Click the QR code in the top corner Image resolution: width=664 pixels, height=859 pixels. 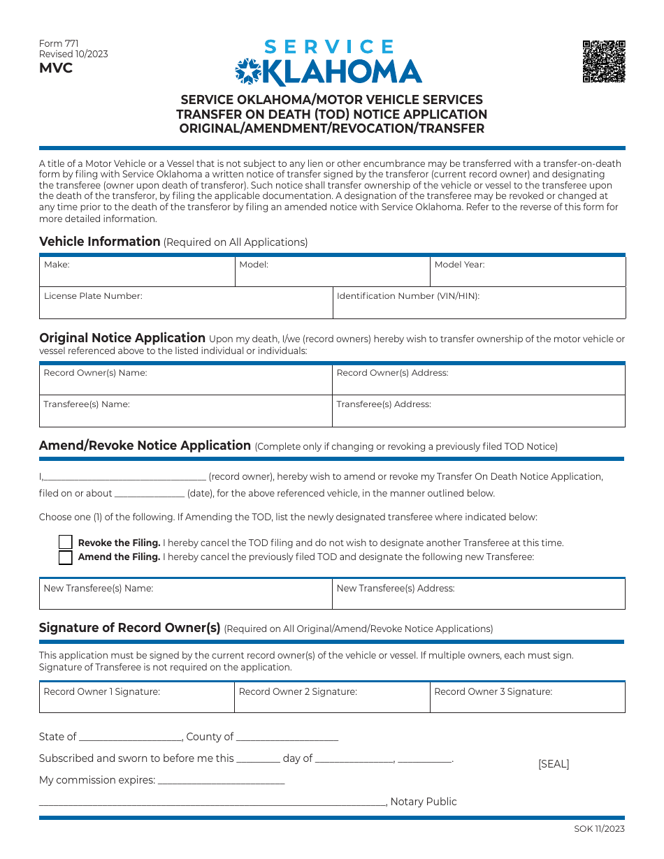(x=604, y=61)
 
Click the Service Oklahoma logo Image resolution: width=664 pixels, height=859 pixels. (x=328, y=64)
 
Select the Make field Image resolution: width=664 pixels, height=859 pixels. (x=136, y=272)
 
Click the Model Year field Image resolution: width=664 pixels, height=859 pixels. (x=527, y=272)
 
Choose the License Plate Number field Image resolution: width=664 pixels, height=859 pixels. (x=185, y=302)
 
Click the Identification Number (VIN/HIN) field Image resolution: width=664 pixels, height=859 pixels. (x=478, y=302)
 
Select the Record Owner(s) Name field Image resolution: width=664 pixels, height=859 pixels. (x=185, y=379)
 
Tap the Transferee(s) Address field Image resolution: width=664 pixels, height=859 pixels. (x=478, y=411)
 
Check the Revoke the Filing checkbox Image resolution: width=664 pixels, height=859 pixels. (x=65, y=543)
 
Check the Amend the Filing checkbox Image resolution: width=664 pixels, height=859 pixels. (x=65, y=557)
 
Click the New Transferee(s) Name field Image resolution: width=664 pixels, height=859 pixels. (x=185, y=594)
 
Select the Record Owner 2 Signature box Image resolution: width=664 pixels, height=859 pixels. (x=331, y=698)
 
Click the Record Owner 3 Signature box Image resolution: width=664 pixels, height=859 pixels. (x=527, y=698)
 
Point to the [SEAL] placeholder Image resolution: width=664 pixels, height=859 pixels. (x=554, y=764)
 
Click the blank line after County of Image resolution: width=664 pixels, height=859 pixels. (x=287, y=737)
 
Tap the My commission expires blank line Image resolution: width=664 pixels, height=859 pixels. (x=222, y=781)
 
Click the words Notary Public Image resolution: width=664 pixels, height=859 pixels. (x=424, y=802)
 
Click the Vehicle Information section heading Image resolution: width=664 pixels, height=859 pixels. (x=100, y=242)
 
